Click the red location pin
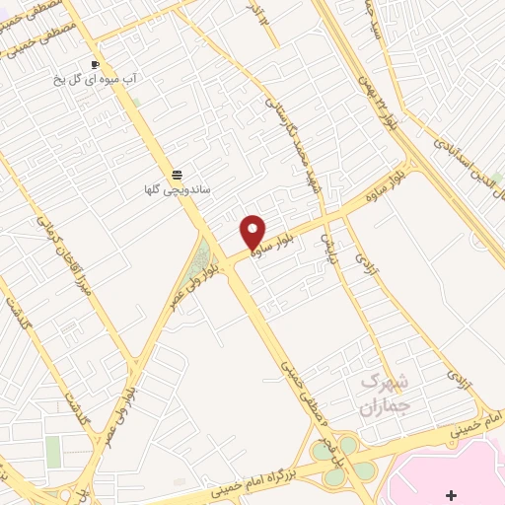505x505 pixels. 253,231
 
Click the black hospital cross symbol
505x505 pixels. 452,493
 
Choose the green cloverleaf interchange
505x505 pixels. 349,460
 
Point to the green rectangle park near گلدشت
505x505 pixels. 52,452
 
